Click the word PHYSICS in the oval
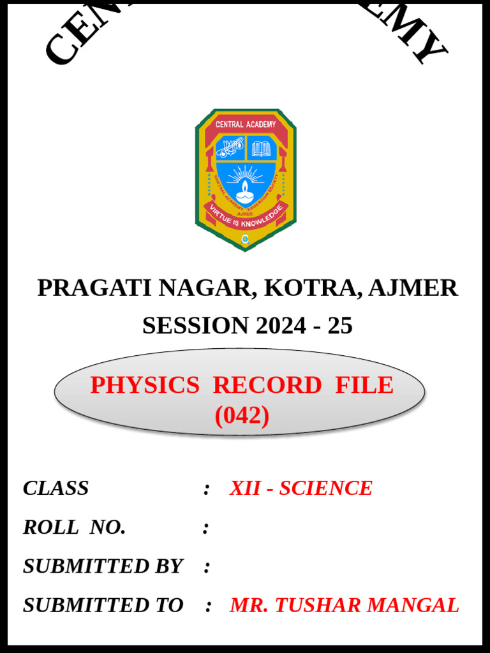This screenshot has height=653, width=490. pos(145,385)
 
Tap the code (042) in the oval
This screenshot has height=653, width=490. pos(242,416)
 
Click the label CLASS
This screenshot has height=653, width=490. pos(56,488)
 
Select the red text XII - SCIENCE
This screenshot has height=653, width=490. pos(301,488)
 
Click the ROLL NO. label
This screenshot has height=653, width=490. pos(74,527)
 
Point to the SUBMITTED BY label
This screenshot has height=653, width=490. pos(102,566)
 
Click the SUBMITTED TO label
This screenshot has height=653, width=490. pos(103,605)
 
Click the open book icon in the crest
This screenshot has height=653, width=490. pos(261,149)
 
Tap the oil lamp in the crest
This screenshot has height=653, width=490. pos(246,188)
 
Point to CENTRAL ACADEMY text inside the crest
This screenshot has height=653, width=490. pos(246,124)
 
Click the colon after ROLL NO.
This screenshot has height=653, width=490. pos(205,528)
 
